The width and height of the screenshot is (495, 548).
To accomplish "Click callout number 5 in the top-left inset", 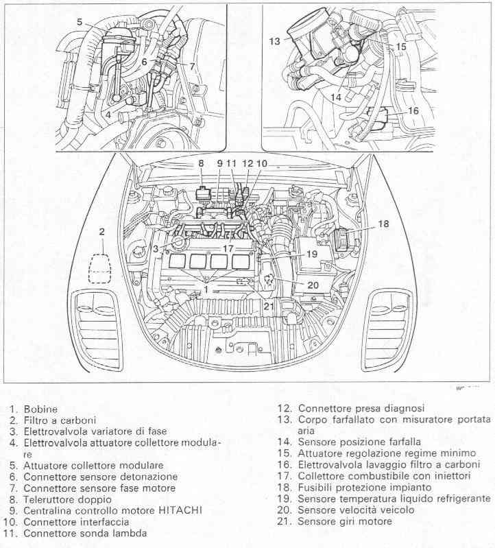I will (80, 23).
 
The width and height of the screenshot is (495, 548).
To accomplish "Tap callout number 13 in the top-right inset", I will (274, 41).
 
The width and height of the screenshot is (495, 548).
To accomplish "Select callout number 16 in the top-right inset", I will (413, 110).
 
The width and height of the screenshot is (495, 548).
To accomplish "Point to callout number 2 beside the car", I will (101, 232).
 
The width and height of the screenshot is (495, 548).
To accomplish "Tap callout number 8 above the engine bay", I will (202, 163).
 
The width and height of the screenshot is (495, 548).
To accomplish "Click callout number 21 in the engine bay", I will (268, 305).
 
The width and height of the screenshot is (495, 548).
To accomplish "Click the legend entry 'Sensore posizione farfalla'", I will (359, 442).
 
